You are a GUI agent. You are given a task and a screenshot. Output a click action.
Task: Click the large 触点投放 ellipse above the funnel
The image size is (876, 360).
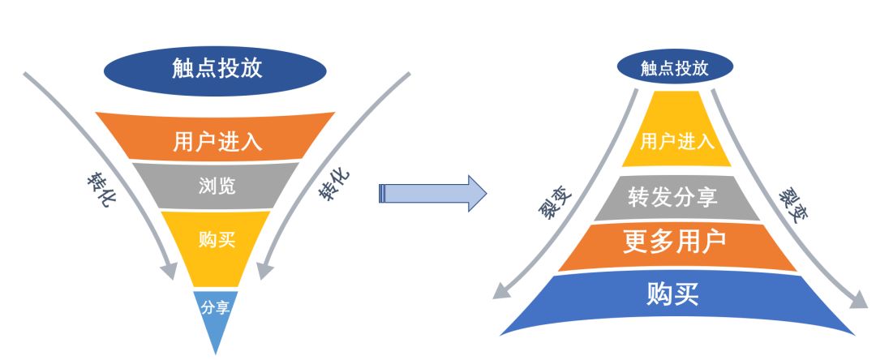coord(216,68)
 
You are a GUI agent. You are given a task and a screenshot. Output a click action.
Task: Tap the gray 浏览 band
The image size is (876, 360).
coord(217,186)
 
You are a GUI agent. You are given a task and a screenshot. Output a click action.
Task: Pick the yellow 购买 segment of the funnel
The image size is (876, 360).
coord(217,239)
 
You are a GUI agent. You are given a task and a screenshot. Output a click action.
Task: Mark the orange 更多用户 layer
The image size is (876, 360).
coord(676,243)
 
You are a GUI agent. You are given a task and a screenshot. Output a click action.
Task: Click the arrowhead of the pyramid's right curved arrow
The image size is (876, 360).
coord(857,302)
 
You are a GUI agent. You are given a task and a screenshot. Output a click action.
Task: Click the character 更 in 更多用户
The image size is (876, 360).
coord(635,243)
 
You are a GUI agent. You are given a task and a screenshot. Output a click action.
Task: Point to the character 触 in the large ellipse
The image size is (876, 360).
coord(183,68)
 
